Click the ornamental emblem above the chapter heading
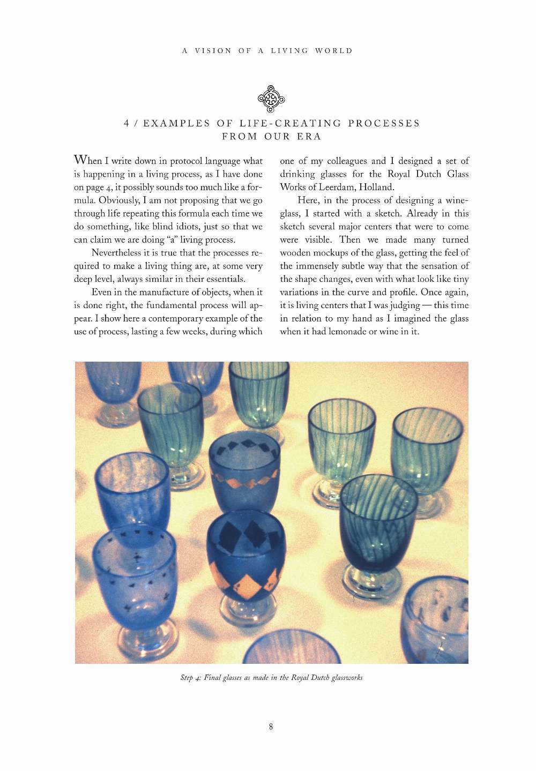point(271,99)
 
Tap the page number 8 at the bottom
point(271,727)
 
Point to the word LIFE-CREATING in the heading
point(290,123)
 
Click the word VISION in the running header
point(213,51)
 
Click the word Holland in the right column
point(376,187)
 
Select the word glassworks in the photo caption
point(347,678)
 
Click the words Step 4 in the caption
point(190,678)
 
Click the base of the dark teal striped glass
point(373,581)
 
